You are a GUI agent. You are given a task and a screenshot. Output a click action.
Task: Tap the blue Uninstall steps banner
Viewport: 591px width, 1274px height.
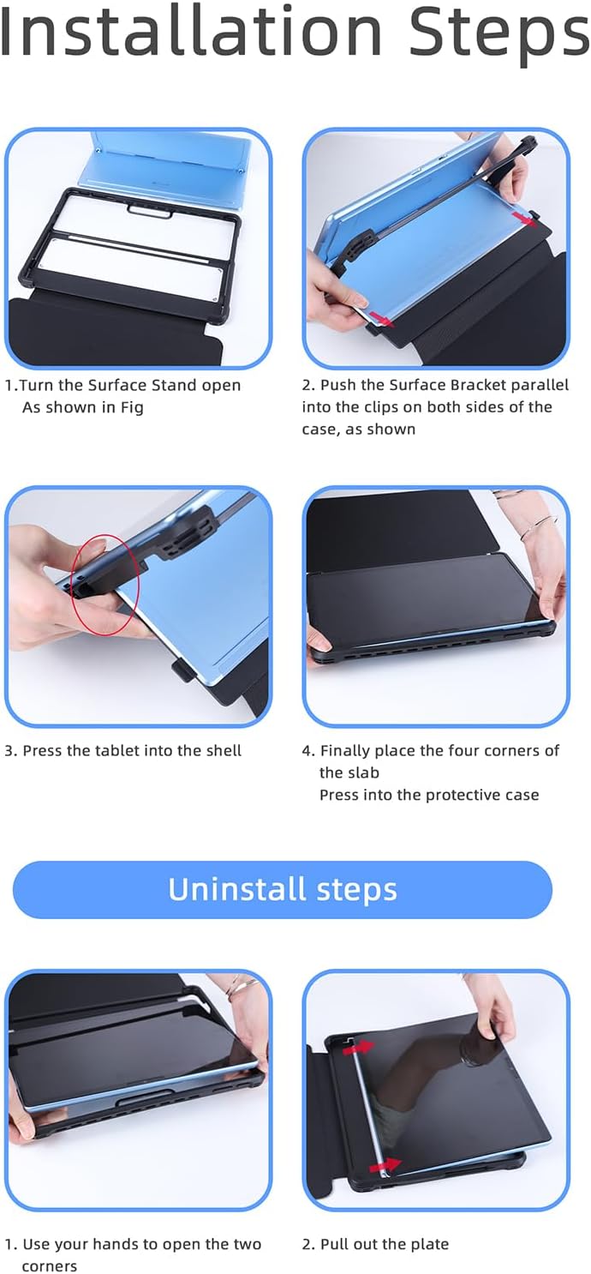tap(283, 890)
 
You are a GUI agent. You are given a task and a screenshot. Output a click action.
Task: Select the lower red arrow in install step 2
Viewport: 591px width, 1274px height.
tap(379, 319)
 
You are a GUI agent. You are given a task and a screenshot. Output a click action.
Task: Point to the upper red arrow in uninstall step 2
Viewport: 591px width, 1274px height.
tap(359, 1048)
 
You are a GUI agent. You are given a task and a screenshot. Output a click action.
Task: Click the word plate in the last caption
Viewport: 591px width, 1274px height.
tap(428, 1245)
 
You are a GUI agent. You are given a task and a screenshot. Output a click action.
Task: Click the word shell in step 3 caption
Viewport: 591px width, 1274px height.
tap(224, 751)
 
